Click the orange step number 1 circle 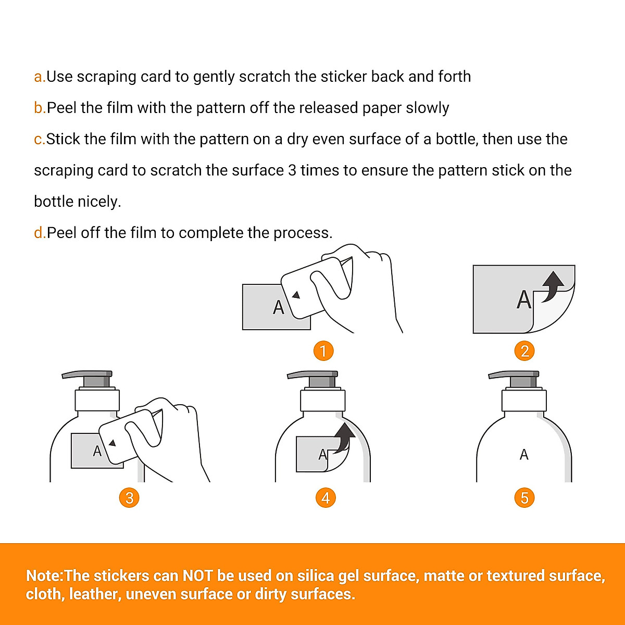[x=323, y=351]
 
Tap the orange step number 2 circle [x=524, y=351]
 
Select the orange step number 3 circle [x=129, y=498]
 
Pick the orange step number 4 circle [x=326, y=498]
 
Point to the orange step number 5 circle [x=524, y=498]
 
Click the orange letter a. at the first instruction [x=40, y=77]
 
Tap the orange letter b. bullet [x=40, y=108]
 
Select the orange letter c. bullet [x=40, y=140]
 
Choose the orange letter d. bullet [x=40, y=232]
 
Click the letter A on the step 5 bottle [x=524, y=455]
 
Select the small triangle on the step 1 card [x=296, y=295]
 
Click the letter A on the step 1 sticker [x=278, y=307]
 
